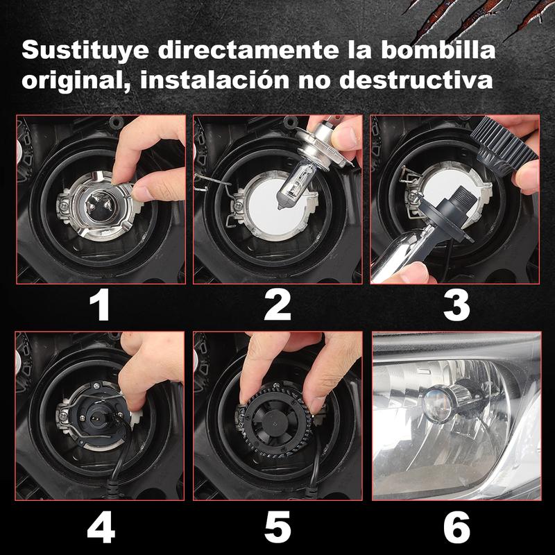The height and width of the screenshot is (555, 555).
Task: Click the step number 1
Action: click(101, 305)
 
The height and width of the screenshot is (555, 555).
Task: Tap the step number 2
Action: click(277, 305)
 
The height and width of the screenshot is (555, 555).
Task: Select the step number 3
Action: click(456, 305)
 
